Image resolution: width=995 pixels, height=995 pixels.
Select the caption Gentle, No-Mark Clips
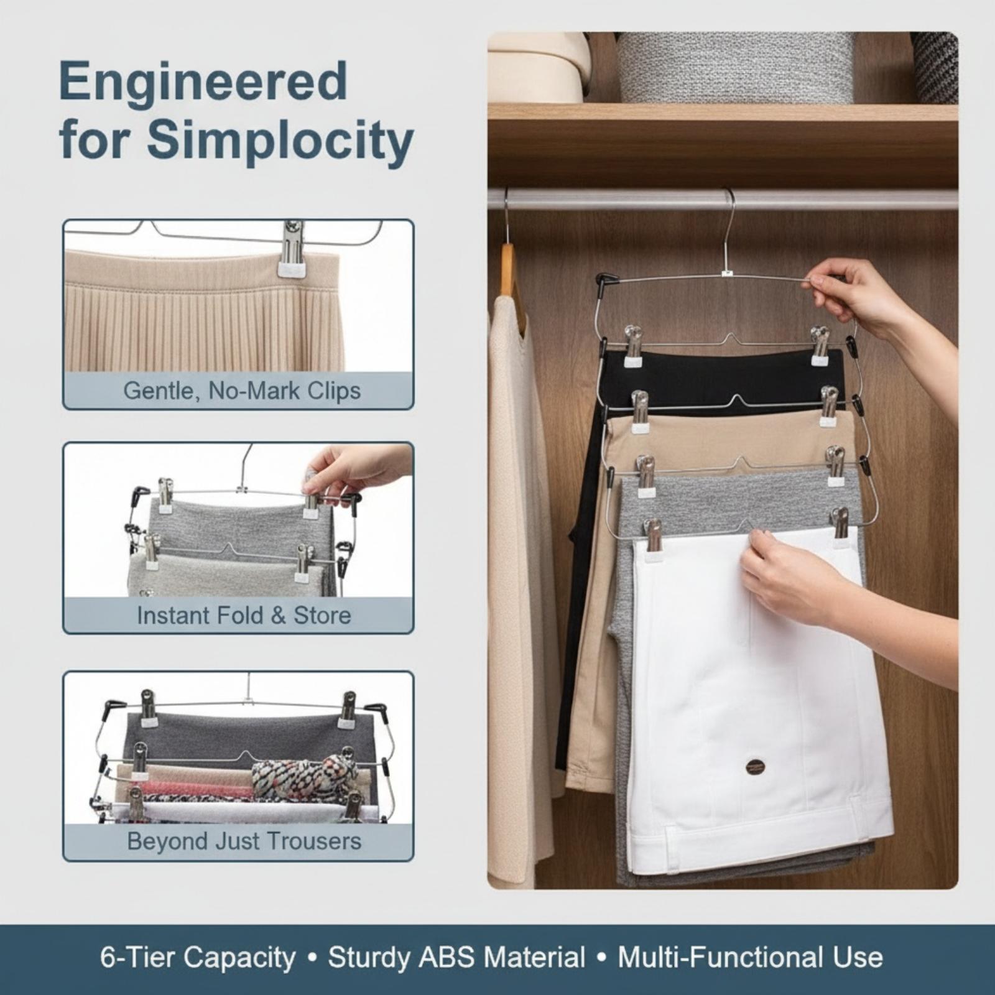(242, 391)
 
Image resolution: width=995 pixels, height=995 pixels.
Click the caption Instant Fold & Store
(244, 616)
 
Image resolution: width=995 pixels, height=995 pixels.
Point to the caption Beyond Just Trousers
(244, 841)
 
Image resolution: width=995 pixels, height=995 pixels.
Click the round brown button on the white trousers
(756, 766)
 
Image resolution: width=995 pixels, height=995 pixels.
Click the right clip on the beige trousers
(829, 407)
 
